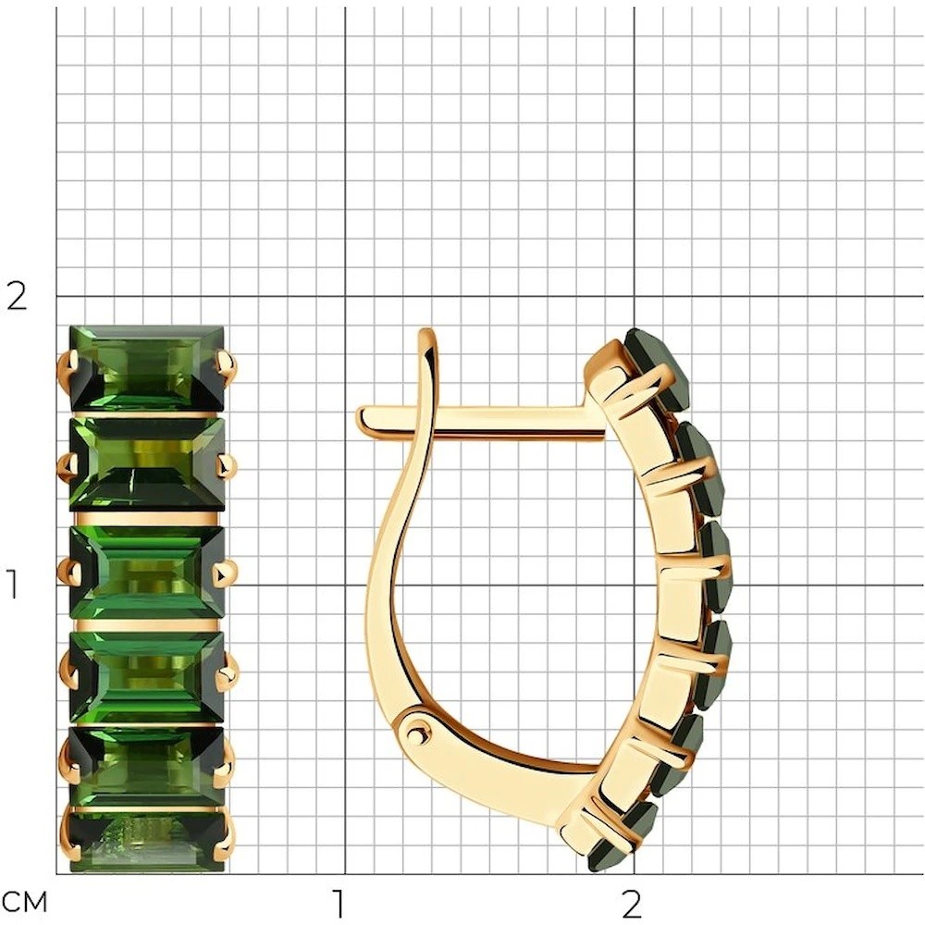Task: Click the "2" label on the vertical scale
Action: (x=17, y=297)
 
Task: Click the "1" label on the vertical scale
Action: (x=13, y=584)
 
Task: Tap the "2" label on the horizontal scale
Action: (x=631, y=903)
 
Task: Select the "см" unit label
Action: (x=24, y=903)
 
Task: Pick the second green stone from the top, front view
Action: (x=147, y=464)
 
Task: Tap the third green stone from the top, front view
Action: (x=147, y=573)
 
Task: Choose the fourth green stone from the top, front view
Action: (x=147, y=677)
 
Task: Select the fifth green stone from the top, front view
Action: (x=147, y=766)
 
